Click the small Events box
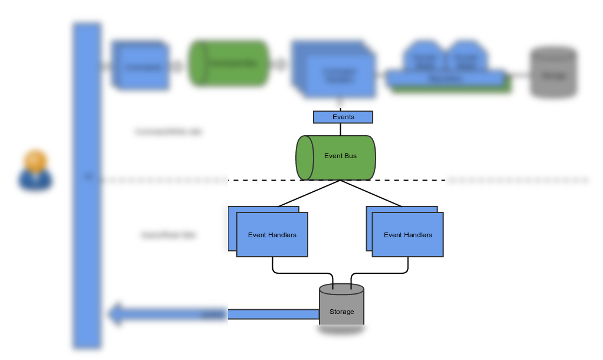click(x=343, y=117)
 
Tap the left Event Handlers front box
click(x=272, y=235)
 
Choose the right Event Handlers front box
click(x=408, y=235)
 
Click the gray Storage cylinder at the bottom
click(x=341, y=312)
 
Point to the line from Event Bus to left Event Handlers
click(x=309, y=194)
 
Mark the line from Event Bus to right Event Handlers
click(x=371, y=194)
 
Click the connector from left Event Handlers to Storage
click(x=301, y=273)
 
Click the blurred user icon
click(x=35, y=171)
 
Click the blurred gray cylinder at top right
click(x=552, y=72)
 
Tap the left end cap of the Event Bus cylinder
click(x=304, y=158)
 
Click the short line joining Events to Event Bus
click(x=340, y=129)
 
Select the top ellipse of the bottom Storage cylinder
click(x=341, y=290)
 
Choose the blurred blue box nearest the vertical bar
click(x=141, y=66)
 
